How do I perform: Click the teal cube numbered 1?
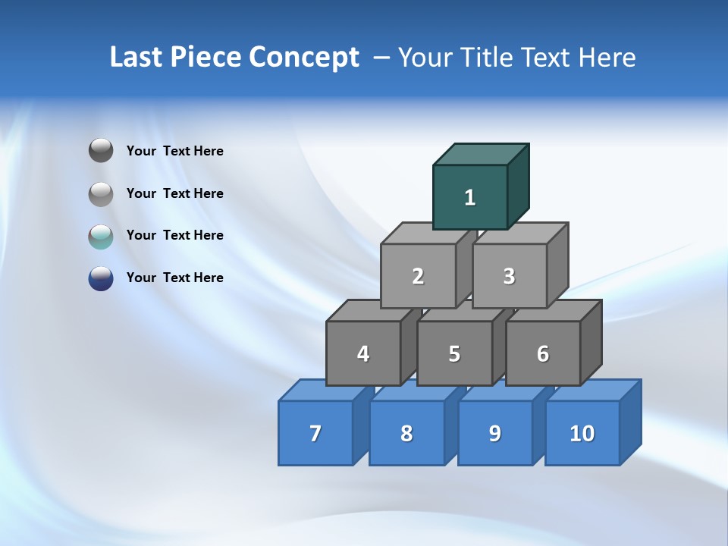click(470, 197)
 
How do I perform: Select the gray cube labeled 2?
click(418, 276)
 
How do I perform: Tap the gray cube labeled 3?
click(509, 276)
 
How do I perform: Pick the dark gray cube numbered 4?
click(363, 353)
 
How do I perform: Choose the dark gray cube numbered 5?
click(454, 353)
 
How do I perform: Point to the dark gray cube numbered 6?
click(543, 353)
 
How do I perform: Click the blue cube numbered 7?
click(315, 433)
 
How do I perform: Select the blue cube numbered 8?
click(406, 433)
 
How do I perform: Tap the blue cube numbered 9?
click(495, 433)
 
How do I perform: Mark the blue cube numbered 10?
click(582, 433)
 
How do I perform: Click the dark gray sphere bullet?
click(101, 151)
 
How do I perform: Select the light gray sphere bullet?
click(101, 193)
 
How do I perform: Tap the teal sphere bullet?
click(101, 236)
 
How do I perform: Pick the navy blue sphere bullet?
click(101, 278)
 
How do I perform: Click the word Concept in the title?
click(304, 58)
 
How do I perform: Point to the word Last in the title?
click(137, 58)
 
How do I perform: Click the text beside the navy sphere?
click(174, 278)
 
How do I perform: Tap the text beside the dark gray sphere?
click(174, 151)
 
